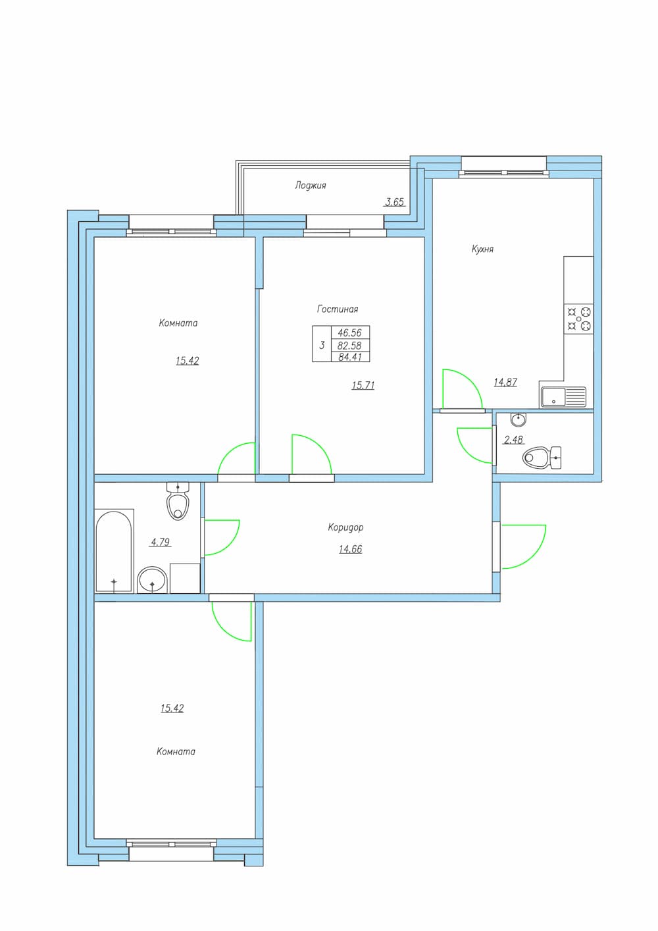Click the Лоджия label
click(x=311, y=186)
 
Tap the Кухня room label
click(x=482, y=250)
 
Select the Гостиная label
click(x=338, y=309)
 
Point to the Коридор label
click(x=345, y=527)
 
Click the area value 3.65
click(x=394, y=202)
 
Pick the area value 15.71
click(x=363, y=386)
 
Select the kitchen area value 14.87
click(x=505, y=382)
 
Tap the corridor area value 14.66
click(x=350, y=550)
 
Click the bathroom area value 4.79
click(x=161, y=542)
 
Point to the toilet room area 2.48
click(x=513, y=439)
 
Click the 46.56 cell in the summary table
click(x=350, y=332)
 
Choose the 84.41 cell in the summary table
click(x=350, y=357)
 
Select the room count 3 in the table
click(x=322, y=345)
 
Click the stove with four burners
click(x=578, y=319)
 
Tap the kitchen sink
click(x=563, y=397)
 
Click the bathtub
click(x=114, y=550)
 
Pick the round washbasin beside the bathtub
click(x=153, y=580)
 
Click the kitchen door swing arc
click(x=470, y=381)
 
